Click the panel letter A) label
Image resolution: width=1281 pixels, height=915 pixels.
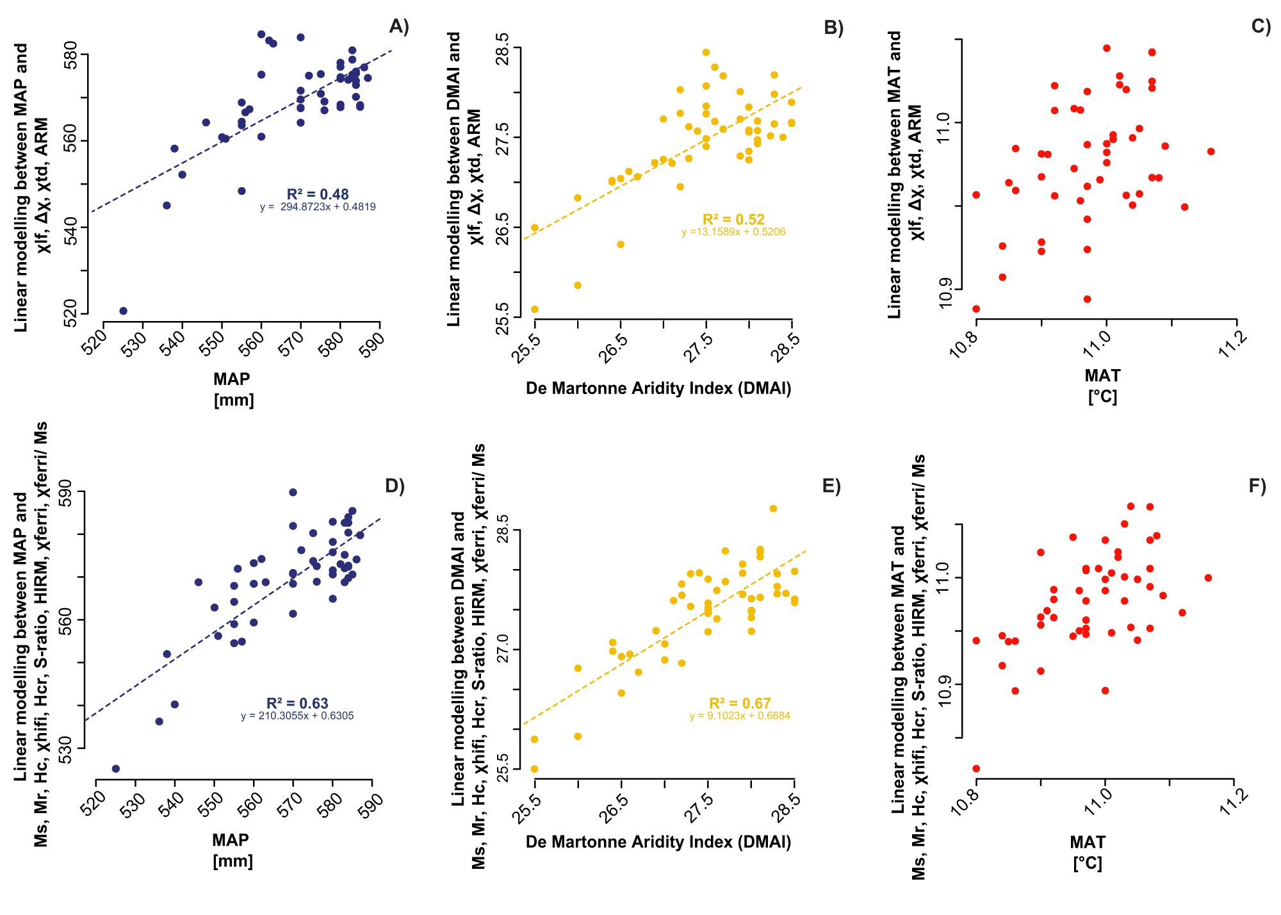398,26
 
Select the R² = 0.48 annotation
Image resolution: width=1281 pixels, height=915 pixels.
318,194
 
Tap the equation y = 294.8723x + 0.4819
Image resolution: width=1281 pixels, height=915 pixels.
318,207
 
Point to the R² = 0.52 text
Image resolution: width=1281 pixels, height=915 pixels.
733,219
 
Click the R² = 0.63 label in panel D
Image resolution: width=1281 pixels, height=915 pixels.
297,704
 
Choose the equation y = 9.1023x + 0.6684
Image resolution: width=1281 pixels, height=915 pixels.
740,716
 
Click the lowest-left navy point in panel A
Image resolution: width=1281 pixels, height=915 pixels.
124,311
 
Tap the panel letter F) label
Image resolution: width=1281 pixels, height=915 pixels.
1257,486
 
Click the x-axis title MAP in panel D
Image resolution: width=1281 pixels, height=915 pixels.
231,839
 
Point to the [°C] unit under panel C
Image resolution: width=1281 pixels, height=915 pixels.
1102,397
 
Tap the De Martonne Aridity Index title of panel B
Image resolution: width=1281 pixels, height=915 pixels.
658,388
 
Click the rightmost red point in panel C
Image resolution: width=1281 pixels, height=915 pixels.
1211,151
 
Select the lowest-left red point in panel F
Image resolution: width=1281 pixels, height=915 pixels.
976,768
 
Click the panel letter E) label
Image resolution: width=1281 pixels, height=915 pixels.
831,486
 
